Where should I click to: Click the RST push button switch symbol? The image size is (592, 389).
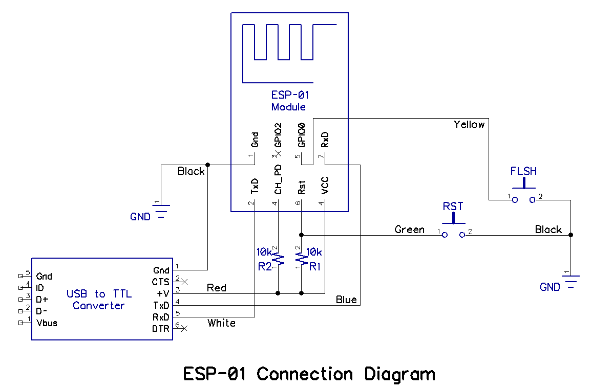453,230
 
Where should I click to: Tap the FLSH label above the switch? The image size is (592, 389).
523,171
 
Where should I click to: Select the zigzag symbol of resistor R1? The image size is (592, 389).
301,258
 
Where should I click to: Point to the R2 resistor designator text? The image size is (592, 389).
264,266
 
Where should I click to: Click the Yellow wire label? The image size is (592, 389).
469,124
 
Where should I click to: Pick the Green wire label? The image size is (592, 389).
409,230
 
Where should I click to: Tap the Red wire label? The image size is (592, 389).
216,288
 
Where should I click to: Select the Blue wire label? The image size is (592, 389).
346,300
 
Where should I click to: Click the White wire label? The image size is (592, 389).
221,323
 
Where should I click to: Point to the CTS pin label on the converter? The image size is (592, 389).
160,282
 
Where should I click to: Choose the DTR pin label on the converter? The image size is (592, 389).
160,329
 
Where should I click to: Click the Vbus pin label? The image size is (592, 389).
47,323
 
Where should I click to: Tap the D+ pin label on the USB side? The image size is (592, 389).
43,299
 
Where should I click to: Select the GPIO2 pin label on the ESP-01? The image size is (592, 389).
278,135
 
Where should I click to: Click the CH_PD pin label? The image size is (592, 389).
278,179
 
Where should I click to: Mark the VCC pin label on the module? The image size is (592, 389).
325,186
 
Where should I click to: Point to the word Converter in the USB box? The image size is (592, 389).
99,306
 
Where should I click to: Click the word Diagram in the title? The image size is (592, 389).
399,374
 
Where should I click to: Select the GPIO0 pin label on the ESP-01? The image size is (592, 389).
302,135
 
